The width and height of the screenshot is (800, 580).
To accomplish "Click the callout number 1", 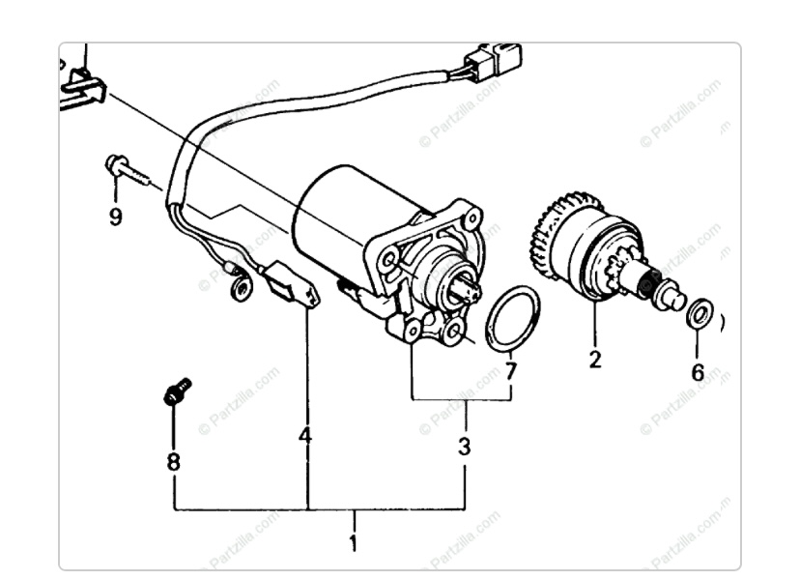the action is pos(353,543).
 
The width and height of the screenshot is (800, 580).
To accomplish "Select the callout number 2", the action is pos(595,360).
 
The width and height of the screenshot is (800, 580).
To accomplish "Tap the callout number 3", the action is pos(465,447).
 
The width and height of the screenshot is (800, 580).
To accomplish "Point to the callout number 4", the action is pos(305,436).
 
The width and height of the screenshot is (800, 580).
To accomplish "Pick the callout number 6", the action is pos(698,372).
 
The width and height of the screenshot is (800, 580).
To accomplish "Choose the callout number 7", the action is pos(511,371).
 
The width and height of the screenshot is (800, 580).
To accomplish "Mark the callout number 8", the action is pos(174,462).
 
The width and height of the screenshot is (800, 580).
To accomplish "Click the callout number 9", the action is pos(116,217).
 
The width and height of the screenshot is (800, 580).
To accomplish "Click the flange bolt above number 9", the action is pos(128,171).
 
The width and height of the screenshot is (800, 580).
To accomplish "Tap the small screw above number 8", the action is pos(177,391).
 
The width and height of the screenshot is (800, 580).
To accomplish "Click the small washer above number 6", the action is pos(700,313).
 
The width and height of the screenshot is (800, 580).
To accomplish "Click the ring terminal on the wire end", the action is pos(242,289).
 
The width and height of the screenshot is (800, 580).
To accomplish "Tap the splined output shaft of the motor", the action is pos(467,291).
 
